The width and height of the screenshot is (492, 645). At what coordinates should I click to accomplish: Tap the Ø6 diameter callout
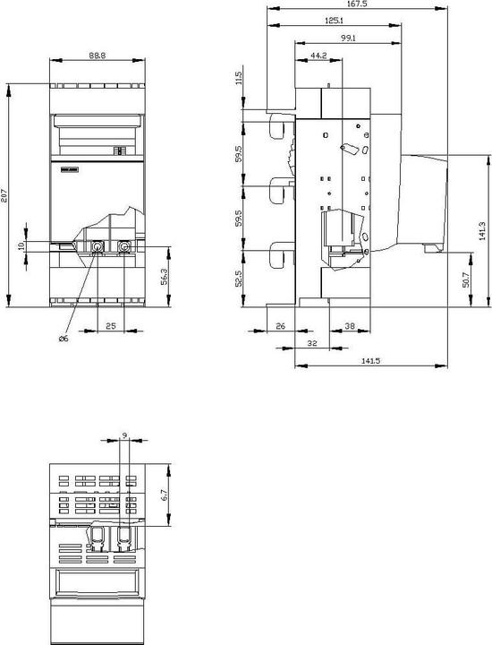click(63, 339)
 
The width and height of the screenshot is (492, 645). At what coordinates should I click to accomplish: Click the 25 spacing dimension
click(110, 327)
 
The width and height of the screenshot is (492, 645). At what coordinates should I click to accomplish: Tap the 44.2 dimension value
click(317, 56)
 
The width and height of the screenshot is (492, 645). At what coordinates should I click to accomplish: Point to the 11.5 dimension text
click(239, 78)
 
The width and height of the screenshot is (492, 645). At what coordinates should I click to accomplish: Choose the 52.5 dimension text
click(239, 279)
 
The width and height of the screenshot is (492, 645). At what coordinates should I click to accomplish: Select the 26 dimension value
click(280, 327)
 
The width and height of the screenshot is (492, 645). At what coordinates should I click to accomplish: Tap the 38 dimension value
click(348, 327)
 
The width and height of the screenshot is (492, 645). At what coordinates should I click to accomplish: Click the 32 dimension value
click(312, 343)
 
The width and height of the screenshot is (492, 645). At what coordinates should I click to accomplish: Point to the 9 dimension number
click(123, 436)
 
